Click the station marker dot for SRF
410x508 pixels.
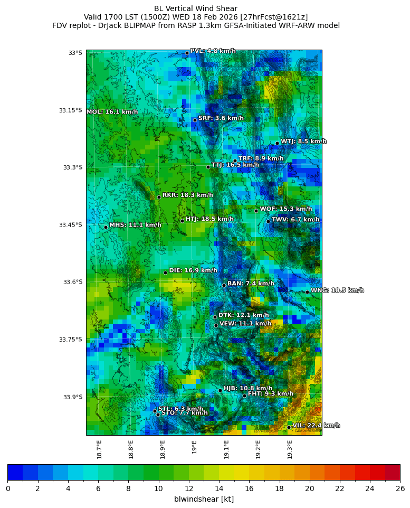[195, 120]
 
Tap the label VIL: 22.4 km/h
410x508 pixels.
[316, 425]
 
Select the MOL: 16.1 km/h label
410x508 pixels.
[112, 112]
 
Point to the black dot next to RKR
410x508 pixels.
[159, 197]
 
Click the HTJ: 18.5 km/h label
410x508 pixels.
[209, 219]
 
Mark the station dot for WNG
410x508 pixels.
[307, 292]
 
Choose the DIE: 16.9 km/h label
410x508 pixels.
[193, 270]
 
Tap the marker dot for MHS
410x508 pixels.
[106, 227]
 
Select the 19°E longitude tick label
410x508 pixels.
[195, 447]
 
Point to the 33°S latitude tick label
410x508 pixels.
[75, 53]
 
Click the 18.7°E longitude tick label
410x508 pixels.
[99, 449]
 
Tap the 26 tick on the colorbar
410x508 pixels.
[400, 488]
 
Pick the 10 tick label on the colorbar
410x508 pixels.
[158, 488]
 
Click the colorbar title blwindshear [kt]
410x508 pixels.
[204, 499]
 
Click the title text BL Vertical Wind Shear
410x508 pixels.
[196, 8]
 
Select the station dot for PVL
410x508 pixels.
[187, 53]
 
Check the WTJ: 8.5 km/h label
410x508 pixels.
[303, 141]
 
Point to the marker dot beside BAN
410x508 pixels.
[224, 285]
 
